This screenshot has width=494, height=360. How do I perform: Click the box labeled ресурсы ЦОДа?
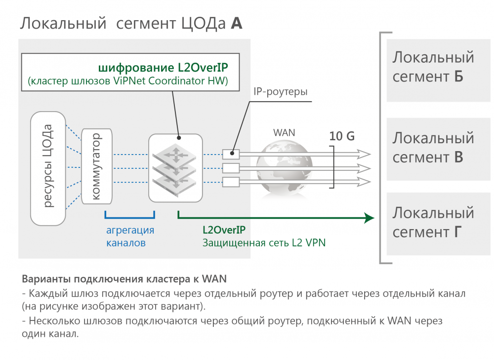(x=48, y=168)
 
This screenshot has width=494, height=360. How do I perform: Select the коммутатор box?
(x=97, y=166)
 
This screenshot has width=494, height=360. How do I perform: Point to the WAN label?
(x=284, y=132)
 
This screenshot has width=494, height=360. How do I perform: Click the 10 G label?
(x=342, y=136)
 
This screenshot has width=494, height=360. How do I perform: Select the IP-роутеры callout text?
(x=280, y=92)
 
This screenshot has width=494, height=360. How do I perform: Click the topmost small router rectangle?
(x=231, y=154)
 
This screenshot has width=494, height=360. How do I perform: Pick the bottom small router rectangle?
(x=231, y=182)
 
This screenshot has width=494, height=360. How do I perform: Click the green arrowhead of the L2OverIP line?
(x=368, y=217)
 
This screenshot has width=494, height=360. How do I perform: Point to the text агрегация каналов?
(x=130, y=237)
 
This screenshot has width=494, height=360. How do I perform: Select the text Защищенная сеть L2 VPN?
(x=264, y=243)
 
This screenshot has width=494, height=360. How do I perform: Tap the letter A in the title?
(x=237, y=23)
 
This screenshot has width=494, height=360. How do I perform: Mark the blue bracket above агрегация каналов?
(x=130, y=216)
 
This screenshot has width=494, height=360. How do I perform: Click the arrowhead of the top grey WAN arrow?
(x=365, y=154)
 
